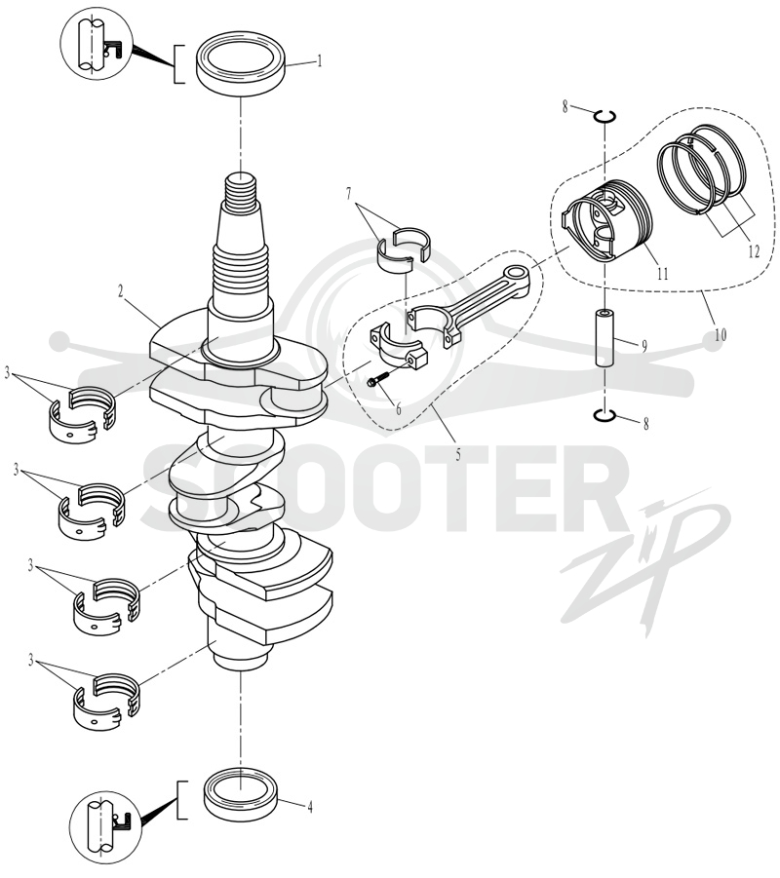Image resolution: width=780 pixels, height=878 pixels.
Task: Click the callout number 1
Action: (x=320, y=60)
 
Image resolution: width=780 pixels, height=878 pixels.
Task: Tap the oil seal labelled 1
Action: (x=241, y=65)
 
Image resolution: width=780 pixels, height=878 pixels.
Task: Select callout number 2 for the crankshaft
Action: (x=120, y=290)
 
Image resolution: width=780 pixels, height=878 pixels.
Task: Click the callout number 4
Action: (x=309, y=806)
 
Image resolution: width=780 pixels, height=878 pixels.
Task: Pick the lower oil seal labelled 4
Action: (x=241, y=794)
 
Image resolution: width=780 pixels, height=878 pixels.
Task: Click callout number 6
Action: (x=399, y=409)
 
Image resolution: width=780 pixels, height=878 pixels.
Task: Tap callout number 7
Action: (x=349, y=194)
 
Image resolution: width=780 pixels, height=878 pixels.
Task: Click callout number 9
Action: (x=644, y=346)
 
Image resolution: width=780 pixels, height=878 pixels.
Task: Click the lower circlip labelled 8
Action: (x=605, y=415)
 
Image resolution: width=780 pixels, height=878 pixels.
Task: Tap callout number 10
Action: (x=721, y=335)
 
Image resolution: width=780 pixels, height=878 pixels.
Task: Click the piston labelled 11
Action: (x=608, y=220)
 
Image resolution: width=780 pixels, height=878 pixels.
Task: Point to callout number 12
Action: (x=754, y=251)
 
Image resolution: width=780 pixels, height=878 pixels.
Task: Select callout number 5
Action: (x=458, y=454)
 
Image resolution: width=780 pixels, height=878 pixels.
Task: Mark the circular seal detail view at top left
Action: (x=97, y=44)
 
